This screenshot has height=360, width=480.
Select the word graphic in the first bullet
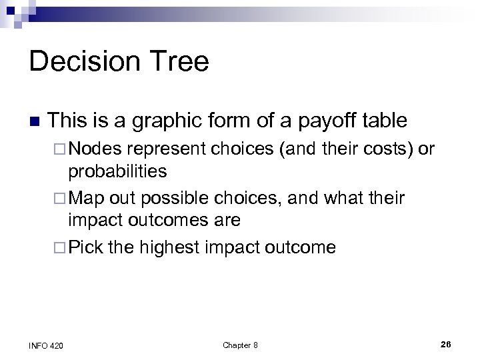coord(163,121)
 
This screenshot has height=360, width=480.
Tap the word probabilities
coord(117,171)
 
